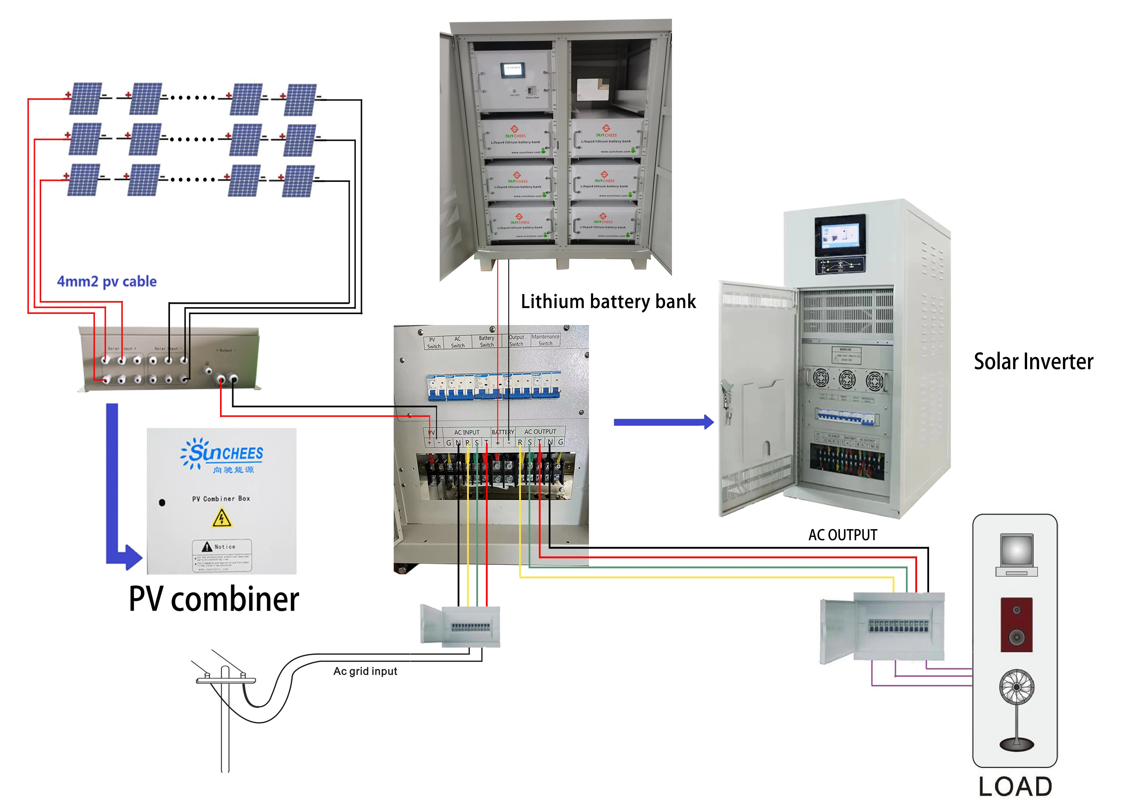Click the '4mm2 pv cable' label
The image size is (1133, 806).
tap(107, 281)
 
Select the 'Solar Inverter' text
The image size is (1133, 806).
tap(1033, 361)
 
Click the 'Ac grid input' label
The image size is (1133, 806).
tap(365, 671)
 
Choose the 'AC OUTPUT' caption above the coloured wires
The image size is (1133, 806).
tap(843, 535)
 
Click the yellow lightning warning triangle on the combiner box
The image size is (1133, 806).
tap(221, 519)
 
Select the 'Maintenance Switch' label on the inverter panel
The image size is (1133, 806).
tap(545, 340)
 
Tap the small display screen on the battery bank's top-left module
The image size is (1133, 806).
tap(512, 69)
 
